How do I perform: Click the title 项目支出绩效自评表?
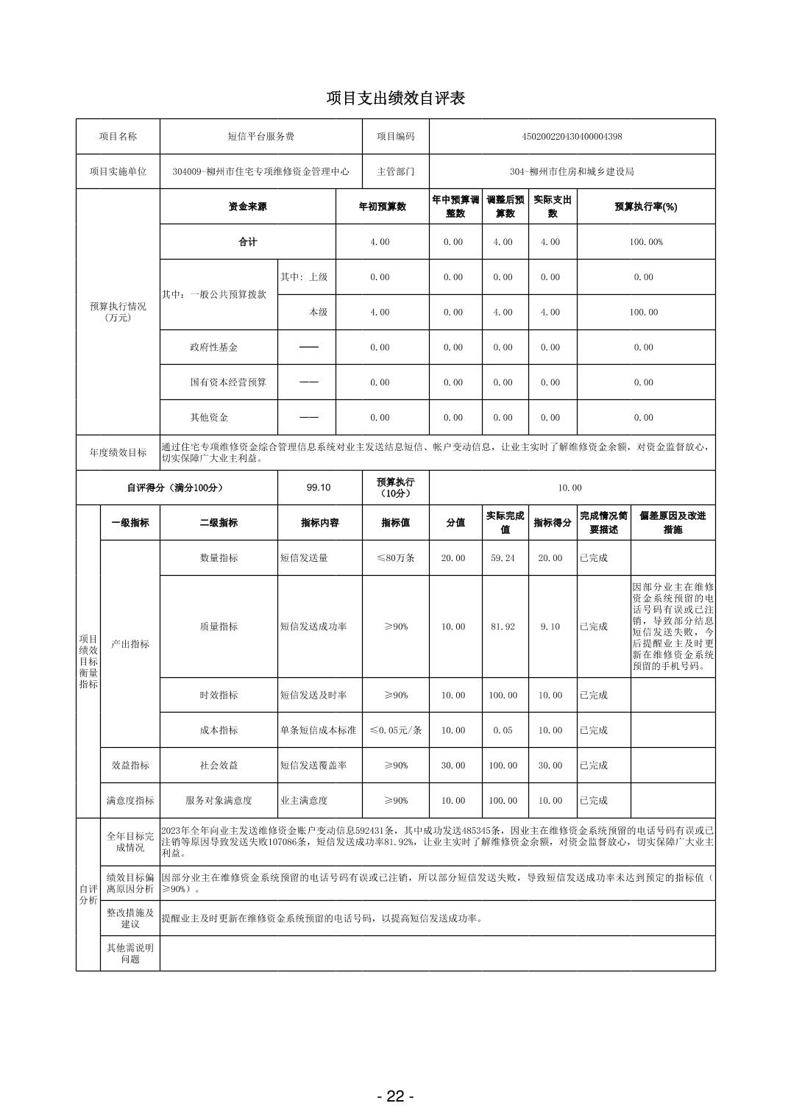pos(395,99)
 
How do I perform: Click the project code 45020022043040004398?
pos(572,137)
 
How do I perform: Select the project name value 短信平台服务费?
pos(260,137)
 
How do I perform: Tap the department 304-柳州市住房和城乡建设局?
pos(572,172)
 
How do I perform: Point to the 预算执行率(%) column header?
pos(645,207)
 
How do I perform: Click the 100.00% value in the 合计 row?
pos(645,242)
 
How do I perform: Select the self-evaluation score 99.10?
pos(319,488)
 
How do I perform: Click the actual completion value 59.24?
pos(503,558)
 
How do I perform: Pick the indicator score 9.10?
pos(550,627)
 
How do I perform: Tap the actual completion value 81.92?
pos(503,627)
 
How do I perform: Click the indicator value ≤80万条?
pos(395,558)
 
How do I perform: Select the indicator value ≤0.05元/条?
pos(395,730)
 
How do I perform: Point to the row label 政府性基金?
pos(214,347)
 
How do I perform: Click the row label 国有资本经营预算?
pos(228,382)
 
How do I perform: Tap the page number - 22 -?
pos(395,1096)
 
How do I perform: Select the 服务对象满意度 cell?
pos(219,801)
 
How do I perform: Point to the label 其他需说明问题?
pos(130,953)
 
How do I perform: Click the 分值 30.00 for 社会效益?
pos(453,766)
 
